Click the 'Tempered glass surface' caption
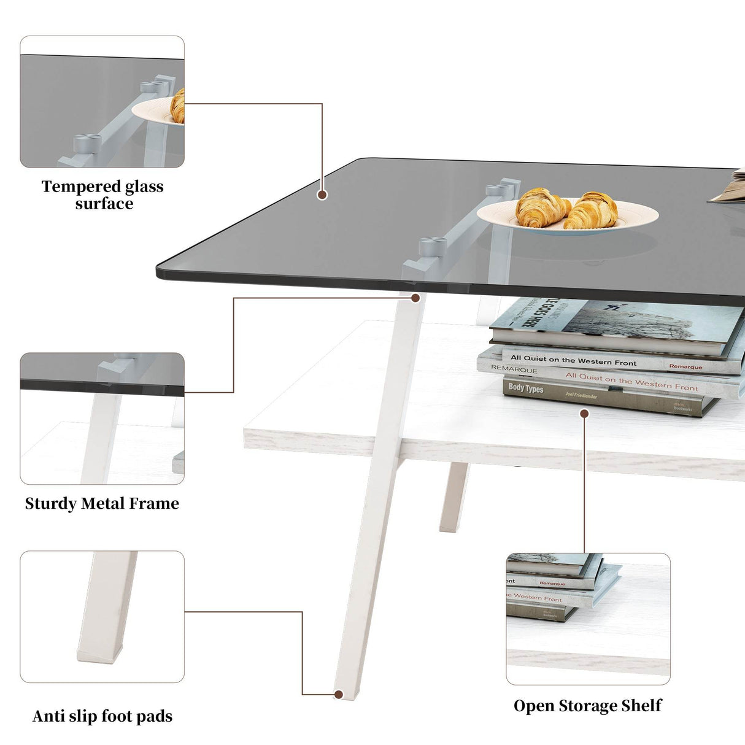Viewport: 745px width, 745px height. click(x=102, y=195)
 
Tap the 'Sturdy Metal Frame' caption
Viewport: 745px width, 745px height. click(x=102, y=503)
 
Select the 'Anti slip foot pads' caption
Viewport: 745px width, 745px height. click(x=102, y=716)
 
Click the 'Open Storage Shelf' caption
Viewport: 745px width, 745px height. click(x=587, y=706)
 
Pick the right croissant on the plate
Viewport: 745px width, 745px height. click(x=592, y=210)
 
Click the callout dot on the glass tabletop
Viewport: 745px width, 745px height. click(x=322, y=195)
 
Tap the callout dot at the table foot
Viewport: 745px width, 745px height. click(x=338, y=695)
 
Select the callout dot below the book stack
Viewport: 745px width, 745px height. click(x=584, y=414)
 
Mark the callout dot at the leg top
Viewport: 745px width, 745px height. click(x=415, y=298)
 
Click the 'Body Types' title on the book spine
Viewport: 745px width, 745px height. click(x=526, y=388)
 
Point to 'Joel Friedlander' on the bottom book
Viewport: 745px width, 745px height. click(x=581, y=396)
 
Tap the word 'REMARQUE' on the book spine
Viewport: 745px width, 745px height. click(x=514, y=369)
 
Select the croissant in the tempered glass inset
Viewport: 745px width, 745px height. click(x=178, y=106)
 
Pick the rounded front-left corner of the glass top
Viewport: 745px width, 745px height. click(x=161, y=272)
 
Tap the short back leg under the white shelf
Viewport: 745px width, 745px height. click(x=454, y=497)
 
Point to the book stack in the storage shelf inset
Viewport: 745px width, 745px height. click(x=552, y=586)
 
